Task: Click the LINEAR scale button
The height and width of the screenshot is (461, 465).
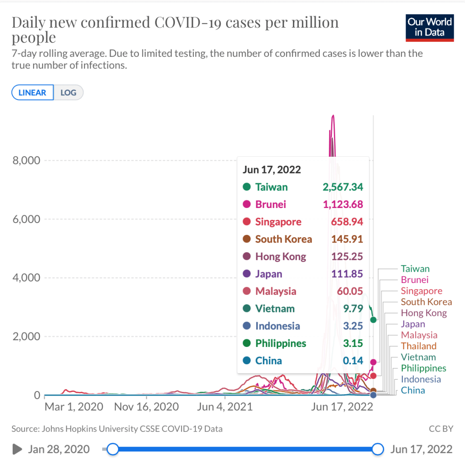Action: pos(32,93)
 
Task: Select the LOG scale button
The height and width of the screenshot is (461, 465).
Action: pos(69,93)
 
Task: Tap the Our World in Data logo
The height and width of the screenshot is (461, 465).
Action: pos(430,28)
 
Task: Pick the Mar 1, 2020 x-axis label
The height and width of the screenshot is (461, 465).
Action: pos(74,406)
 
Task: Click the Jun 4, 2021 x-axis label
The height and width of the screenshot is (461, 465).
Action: pos(224,406)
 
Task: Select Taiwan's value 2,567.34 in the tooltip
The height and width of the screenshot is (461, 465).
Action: pos(343,187)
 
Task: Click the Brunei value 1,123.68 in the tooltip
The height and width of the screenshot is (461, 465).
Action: pos(343,204)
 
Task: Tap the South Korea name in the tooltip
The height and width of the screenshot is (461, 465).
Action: pos(283,239)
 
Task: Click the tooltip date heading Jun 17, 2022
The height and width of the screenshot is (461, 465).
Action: pos(272,170)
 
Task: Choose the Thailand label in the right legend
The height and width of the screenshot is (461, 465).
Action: pos(418,346)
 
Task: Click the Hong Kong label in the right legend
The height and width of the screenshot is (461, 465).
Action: pos(424,313)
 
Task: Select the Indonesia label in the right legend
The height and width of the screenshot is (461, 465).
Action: pos(420,379)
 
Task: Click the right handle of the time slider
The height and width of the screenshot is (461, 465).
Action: pos(378,449)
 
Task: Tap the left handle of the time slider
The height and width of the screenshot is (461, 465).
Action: pos(113,449)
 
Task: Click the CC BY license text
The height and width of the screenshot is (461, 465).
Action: pos(440,428)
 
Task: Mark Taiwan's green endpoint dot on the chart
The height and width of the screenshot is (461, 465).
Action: pos(373,320)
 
